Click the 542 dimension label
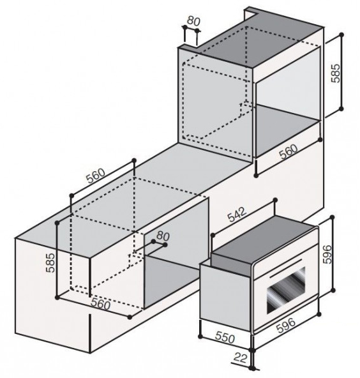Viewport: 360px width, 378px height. point(237,214)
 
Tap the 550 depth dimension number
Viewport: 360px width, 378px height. point(225,337)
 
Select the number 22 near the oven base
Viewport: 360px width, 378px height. point(241,358)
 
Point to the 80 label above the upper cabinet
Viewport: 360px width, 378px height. point(193,21)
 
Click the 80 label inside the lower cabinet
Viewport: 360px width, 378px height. point(163,236)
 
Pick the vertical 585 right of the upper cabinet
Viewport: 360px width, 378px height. point(335,73)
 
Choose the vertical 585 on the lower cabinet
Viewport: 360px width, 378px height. point(50,262)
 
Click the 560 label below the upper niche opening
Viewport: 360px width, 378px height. point(289,151)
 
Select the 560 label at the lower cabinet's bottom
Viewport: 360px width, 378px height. point(100,305)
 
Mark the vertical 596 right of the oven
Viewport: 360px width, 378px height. point(327,254)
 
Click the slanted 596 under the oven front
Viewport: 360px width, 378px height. point(285,326)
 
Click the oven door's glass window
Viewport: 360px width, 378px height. point(286,290)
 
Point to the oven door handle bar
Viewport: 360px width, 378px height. point(286,269)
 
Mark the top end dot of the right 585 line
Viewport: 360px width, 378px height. point(341,35)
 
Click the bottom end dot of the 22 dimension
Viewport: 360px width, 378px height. point(252,368)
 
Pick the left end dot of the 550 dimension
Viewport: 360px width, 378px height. point(200,336)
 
